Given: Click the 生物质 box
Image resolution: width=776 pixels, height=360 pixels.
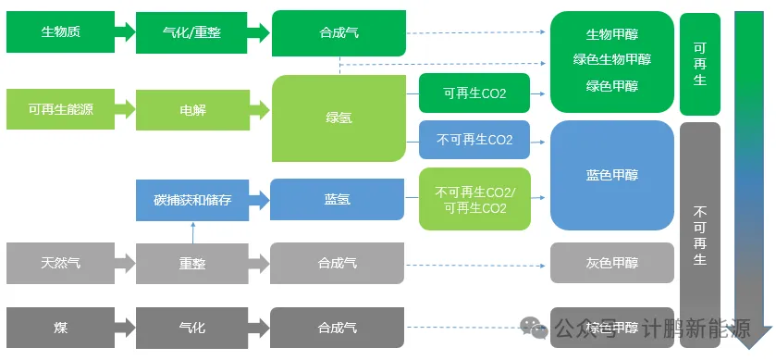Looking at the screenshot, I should coord(60,32).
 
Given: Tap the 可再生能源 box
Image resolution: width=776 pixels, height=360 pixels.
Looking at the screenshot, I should coord(60,109).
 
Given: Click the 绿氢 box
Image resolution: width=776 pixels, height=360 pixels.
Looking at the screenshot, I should coord(338,118).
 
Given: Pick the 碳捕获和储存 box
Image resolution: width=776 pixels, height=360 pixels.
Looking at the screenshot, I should coord(192,199).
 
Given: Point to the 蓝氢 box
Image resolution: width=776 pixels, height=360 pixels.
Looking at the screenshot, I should coord(337,199).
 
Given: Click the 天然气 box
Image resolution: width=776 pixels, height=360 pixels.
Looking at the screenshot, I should coord(60,263).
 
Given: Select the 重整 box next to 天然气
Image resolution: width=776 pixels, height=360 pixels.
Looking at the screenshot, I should coord(192,263).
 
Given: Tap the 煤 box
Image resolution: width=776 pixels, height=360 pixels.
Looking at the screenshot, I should coord(60,328).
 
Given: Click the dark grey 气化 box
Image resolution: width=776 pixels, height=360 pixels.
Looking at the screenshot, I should coord(192,328).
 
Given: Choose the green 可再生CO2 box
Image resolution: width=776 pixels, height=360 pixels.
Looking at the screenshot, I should coord(474,93).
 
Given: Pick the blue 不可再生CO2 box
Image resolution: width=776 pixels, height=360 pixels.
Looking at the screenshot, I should coord(474,140).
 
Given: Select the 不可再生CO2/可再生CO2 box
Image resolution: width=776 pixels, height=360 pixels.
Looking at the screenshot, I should coord(474,199).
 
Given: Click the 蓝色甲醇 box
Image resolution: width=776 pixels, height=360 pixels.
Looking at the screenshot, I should coord(611,175).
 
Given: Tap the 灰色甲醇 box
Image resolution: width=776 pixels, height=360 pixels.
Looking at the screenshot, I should coord(611,263).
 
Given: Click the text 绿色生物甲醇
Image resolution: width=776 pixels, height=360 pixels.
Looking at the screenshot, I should coord(611,59).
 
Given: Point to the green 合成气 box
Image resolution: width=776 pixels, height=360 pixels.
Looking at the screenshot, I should coord(338,32).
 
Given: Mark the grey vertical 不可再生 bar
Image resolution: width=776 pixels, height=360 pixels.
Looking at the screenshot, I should coord(699,231).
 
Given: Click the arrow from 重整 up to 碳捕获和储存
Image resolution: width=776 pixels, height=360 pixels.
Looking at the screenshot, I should coord(192,232).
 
